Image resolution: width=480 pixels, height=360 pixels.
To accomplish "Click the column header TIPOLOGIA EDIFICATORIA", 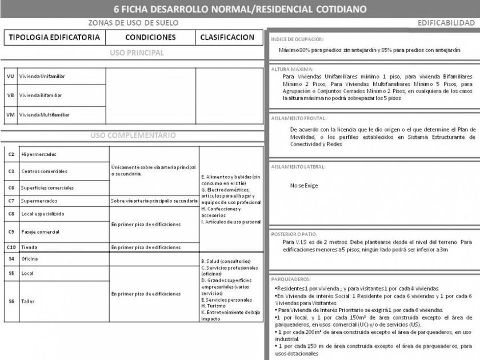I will point(54,37).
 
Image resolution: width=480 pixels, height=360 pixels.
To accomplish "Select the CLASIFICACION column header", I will point(227,37).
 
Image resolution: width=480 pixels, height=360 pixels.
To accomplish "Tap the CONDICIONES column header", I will point(150,37).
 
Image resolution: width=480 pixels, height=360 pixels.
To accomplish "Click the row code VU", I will point(10,76).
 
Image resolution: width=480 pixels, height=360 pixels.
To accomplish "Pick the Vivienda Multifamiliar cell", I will point(44,115).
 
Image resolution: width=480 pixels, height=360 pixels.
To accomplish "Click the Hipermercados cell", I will point(38,154).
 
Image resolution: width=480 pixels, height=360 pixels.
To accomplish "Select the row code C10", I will point(11,247).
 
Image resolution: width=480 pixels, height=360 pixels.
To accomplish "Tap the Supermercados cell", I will point(39,201).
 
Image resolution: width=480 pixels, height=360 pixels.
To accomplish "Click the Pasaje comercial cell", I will point(40,232).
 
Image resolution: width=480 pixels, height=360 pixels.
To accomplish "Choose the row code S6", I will point(11,301).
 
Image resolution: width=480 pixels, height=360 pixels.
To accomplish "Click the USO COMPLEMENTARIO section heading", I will point(133,136).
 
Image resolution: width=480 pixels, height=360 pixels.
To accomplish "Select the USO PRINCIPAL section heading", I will point(137,53).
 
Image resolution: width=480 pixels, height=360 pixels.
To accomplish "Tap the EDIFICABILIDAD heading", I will point(446,23).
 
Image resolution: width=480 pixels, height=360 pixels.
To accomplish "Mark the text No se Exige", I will point(304,186).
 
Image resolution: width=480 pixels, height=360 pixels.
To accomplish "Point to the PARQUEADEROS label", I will point(291,279).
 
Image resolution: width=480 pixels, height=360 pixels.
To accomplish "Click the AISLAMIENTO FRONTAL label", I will point(297,118).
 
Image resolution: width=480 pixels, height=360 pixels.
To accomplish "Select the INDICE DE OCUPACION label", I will point(297,39).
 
